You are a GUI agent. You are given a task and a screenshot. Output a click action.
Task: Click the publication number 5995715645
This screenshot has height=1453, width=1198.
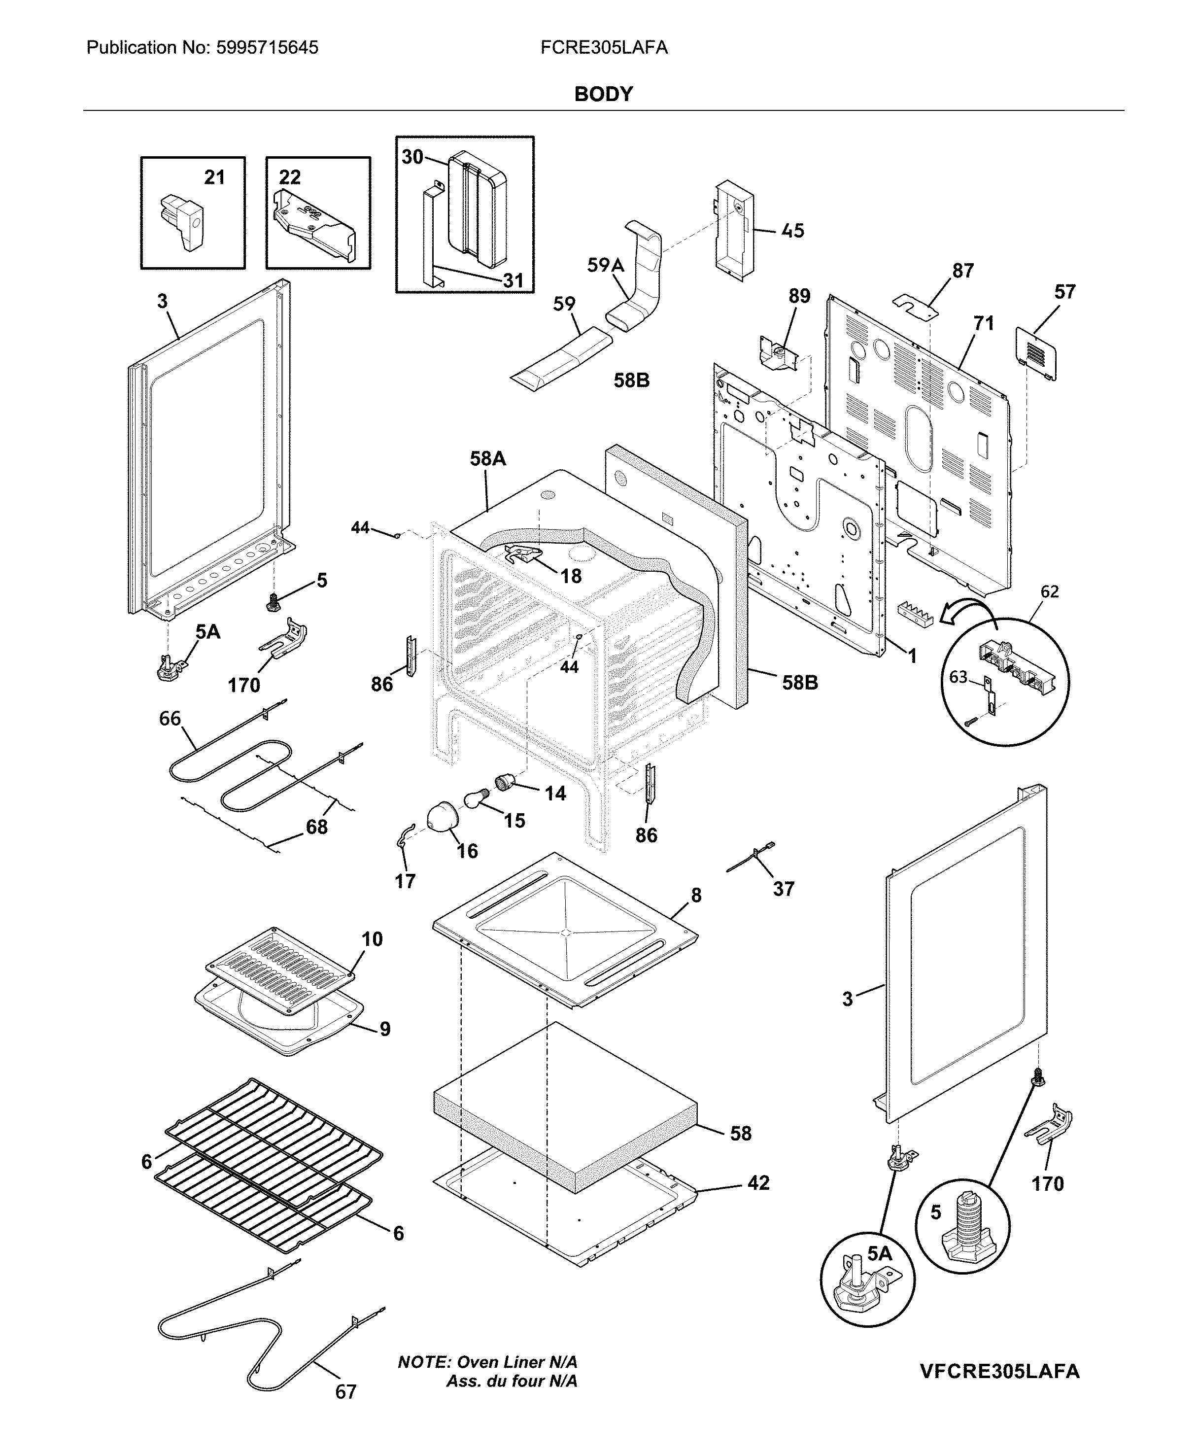(x=267, y=48)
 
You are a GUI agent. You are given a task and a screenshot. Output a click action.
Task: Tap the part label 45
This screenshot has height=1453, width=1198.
(x=792, y=231)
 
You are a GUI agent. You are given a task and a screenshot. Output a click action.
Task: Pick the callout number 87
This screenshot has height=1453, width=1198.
(x=962, y=271)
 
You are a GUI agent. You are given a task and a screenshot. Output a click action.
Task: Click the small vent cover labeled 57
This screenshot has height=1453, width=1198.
(x=1036, y=352)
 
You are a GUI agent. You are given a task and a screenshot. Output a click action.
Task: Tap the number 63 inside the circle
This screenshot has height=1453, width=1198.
(x=958, y=677)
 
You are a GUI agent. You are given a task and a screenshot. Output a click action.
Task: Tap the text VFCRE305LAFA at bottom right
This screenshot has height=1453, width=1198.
(x=999, y=1371)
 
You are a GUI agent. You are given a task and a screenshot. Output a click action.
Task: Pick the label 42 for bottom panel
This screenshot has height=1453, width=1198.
(x=758, y=1182)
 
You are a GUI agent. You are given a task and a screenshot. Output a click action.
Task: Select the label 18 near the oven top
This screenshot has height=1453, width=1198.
(x=571, y=576)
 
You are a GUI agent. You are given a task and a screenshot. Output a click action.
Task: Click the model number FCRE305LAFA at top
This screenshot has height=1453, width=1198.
(x=604, y=48)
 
